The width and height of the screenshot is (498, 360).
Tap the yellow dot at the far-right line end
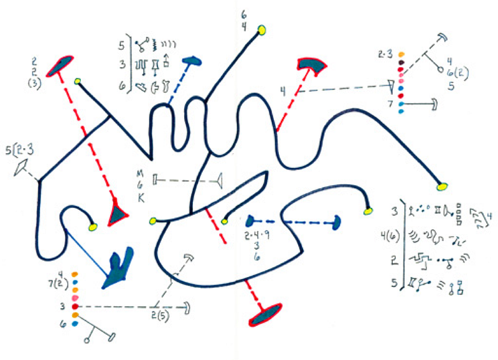(x=443, y=185)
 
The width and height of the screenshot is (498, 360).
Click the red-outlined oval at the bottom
(x=266, y=315)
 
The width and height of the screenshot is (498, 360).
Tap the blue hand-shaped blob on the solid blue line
(x=119, y=268)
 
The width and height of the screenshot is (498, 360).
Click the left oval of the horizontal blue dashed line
(x=252, y=220)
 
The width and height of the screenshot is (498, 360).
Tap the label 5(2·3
(x=19, y=149)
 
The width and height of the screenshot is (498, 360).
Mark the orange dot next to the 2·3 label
(x=402, y=54)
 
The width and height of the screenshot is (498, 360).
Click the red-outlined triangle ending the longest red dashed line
(x=118, y=213)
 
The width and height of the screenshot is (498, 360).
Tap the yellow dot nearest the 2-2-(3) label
(x=78, y=82)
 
